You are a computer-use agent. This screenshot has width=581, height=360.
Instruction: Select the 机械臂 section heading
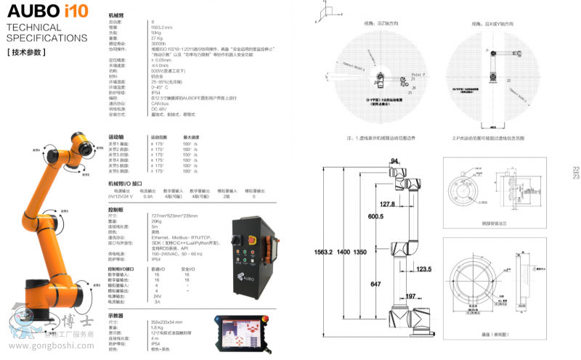116,14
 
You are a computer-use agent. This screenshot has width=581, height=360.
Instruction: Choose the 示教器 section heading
116,316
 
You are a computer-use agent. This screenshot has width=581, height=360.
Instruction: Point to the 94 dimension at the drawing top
395,160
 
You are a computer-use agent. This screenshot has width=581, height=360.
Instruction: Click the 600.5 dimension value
375,216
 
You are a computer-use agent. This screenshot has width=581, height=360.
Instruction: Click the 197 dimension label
410,296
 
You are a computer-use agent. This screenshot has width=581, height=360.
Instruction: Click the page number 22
576,170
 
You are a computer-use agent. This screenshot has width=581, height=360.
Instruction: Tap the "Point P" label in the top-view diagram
416,75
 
